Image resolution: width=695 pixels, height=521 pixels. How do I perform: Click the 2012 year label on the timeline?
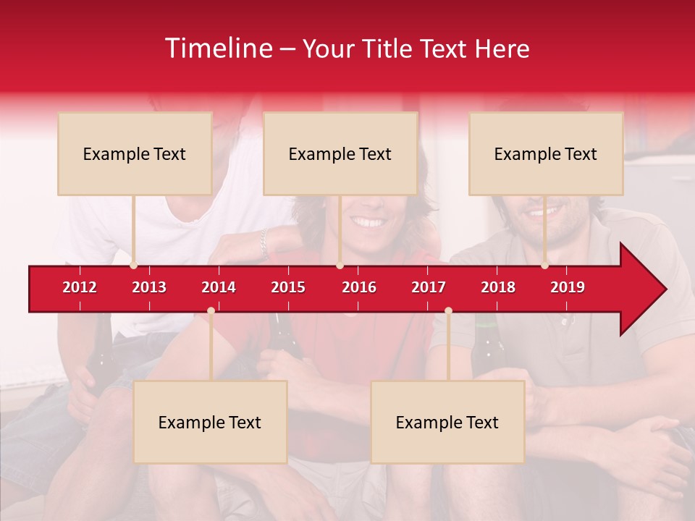pos(80,287)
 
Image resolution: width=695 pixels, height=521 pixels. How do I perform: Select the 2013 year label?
pos(149,287)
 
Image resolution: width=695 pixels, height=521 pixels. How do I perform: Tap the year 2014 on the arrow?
pos(219,287)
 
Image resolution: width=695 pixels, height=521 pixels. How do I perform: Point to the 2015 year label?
pos(288,287)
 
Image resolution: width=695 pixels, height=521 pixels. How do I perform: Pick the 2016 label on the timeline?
pos(359,287)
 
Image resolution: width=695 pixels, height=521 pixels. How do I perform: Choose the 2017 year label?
pos(429,287)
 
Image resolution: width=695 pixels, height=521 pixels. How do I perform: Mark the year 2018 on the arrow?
pos(498,287)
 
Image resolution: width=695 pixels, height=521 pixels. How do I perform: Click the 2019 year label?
pos(568,287)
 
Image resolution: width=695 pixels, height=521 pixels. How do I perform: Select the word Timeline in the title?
pos(218,48)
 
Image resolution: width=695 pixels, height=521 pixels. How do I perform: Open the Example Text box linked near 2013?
pos(135,153)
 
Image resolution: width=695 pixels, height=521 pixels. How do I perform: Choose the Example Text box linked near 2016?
pos(340,153)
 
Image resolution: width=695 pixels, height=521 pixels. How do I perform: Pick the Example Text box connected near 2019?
pos(546,153)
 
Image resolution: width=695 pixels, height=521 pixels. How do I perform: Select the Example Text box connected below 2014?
pos(210,422)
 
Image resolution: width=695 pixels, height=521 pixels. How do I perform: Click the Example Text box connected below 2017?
pos(447,422)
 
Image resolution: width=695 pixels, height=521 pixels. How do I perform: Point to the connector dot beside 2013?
pos(134,265)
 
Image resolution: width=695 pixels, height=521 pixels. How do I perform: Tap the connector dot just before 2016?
pos(340,265)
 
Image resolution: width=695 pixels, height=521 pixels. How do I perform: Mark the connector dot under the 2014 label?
pos(211,310)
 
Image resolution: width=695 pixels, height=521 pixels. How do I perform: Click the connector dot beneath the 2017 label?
pos(448,310)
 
